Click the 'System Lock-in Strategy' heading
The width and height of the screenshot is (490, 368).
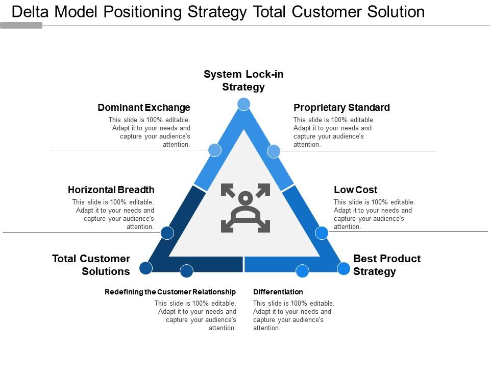[243, 81]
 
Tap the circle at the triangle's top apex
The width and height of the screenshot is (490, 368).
[244, 104]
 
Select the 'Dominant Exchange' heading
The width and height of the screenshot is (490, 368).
[144, 108]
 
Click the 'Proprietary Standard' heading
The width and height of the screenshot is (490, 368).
[341, 108]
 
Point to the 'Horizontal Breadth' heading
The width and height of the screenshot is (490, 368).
[111, 190]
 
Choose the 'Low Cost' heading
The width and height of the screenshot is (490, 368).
[355, 190]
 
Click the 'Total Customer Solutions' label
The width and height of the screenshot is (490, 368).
[91, 265]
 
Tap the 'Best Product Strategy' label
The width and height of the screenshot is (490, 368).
[387, 265]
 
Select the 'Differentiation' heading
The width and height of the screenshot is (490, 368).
[278, 292]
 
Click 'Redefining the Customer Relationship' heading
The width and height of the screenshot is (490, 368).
[170, 292]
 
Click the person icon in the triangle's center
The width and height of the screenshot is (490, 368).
[246, 208]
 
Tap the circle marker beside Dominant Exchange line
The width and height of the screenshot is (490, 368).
[215, 150]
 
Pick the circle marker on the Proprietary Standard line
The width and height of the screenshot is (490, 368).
[274, 151]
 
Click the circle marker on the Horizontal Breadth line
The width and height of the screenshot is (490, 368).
[167, 233]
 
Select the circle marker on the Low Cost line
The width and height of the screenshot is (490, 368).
[322, 233]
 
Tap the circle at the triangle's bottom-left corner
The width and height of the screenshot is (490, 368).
[145, 268]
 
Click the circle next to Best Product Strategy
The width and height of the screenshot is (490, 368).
[344, 268]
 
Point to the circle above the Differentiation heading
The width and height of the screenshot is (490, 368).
[303, 271]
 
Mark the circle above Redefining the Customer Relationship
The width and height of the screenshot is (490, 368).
[187, 271]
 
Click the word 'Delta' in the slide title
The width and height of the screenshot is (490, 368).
[32, 12]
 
